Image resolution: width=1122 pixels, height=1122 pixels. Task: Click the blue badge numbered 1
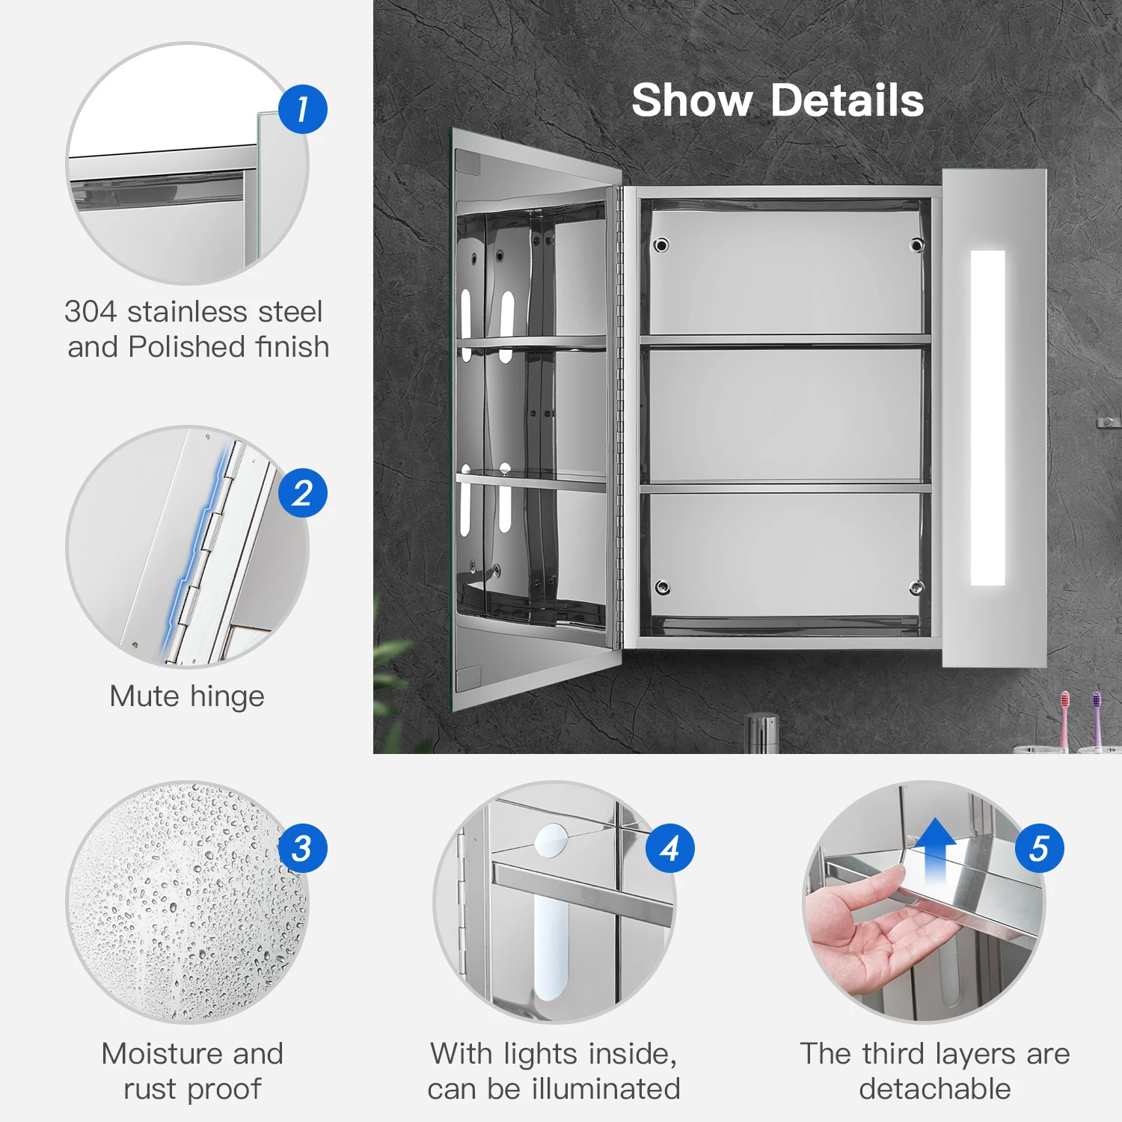coord(303,109)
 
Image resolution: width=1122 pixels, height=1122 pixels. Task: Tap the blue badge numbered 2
coord(303,493)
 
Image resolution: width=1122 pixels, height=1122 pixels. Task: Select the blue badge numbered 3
coord(303,848)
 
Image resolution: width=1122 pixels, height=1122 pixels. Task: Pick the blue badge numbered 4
coord(670,848)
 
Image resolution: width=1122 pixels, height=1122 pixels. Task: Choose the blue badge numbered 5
coord(1040,848)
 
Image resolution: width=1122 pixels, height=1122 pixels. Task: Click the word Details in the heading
coord(847,100)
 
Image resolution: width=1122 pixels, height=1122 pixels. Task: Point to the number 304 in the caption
coord(90,311)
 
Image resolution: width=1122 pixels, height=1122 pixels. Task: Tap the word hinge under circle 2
coord(227,697)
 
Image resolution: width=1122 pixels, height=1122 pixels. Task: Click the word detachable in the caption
coord(935,1088)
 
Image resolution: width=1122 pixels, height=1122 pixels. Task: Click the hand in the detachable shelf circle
coord(860,928)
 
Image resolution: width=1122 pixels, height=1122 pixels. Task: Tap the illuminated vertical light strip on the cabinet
coord(987,417)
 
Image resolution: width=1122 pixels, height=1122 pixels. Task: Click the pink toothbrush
coord(1064,718)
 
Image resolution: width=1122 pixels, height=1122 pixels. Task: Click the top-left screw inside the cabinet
coord(660,245)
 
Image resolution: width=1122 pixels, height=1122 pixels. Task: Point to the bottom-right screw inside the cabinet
coord(916,587)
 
